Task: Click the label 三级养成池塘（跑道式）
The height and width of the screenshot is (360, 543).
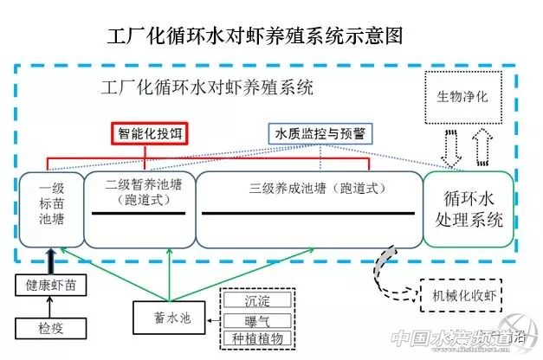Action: coord(310,186)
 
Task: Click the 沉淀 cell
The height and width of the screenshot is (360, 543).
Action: coord(259,300)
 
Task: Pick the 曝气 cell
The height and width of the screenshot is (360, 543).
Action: coord(259,319)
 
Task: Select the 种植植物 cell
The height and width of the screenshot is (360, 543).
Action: coord(259,338)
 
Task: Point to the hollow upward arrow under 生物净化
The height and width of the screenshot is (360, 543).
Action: coord(481,149)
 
